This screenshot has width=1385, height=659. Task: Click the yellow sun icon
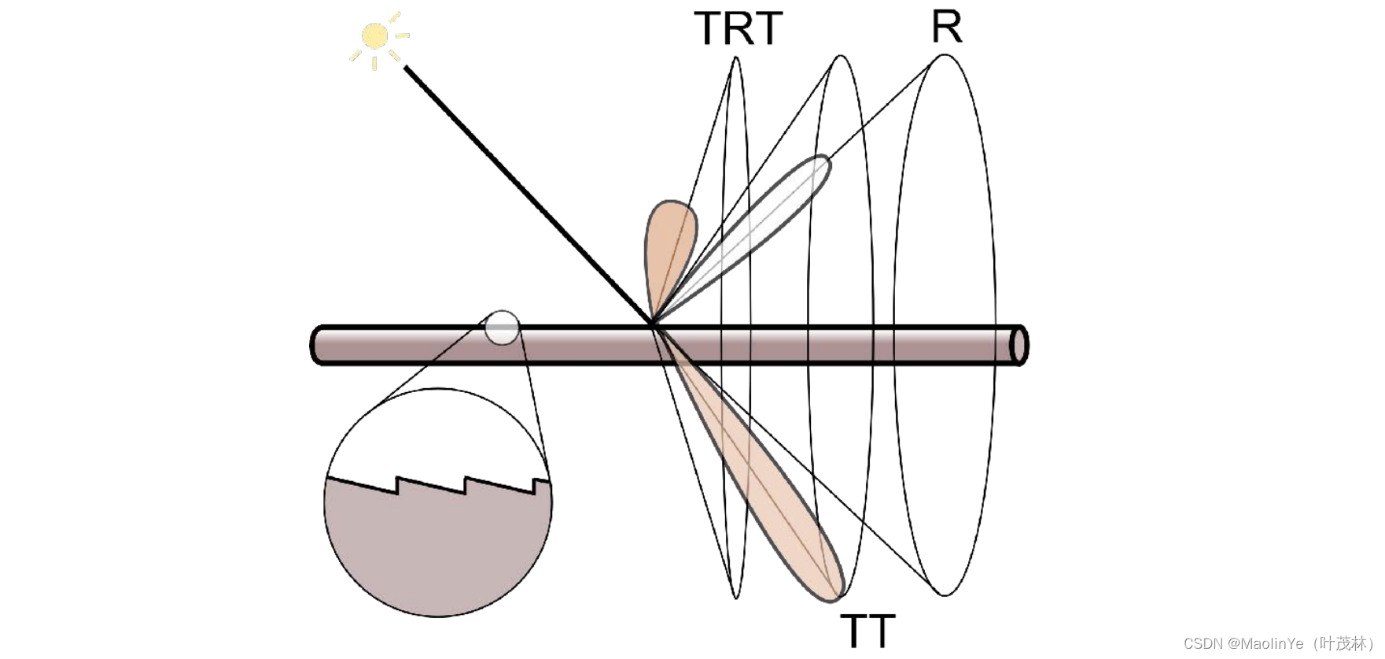click(375, 36)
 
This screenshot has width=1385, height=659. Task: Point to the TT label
click(867, 630)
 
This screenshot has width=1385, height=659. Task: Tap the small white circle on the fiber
click(502, 328)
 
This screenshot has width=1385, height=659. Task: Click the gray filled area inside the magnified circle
click(438, 551)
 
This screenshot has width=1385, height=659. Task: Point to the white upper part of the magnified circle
click(438, 433)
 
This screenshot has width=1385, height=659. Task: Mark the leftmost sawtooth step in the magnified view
click(397, 485)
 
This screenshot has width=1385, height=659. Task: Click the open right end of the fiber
click(1018, 345)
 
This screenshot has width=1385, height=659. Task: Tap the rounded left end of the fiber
click(317, 345)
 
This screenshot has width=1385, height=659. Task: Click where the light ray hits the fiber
click(652, 324)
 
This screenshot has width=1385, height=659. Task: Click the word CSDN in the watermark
click(1203, 643)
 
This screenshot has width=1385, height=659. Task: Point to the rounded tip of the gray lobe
click(823, 163)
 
